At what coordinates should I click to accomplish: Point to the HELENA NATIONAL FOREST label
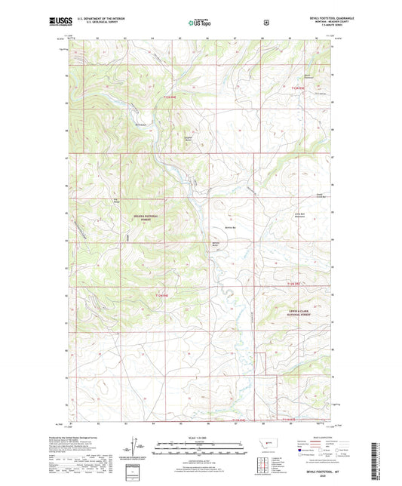click(143, 220)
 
